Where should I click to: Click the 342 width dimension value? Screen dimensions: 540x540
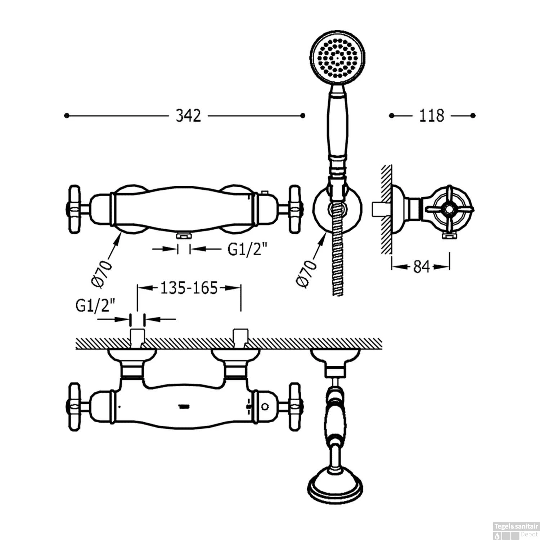click(x=188, y=116)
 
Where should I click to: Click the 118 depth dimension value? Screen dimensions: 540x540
click(x=432, y=116)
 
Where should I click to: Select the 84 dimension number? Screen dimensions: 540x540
click(x=421, y=267)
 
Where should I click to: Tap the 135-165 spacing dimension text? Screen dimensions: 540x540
click(x=189, y=288)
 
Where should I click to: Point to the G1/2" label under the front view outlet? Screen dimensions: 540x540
click(x=248, y=249)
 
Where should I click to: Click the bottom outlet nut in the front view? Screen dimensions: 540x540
click(x=184, y=236)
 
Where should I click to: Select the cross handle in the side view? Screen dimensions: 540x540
click(x=450, y=209)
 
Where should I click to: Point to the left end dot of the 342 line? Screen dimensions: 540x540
click(x=66, y=116)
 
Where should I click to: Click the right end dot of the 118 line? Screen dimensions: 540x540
click(x=473, y=116)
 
